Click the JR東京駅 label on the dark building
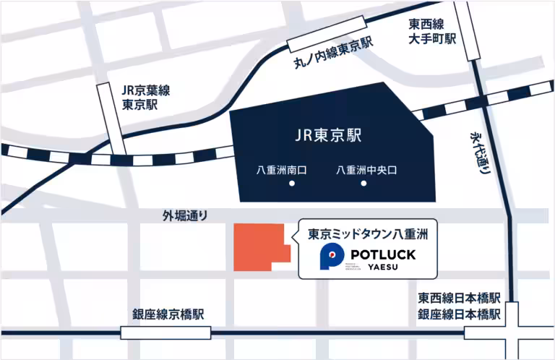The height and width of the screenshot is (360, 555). click(328, 135)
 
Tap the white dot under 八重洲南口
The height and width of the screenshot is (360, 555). click(292, 184)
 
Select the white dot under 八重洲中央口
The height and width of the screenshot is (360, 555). click(364, 184)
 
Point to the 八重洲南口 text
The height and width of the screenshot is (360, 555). click(283, 171)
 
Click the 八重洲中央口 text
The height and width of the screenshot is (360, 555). click(367, 171)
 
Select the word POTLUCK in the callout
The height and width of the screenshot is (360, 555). click(382, 254)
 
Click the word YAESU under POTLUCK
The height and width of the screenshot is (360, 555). click(382, 267)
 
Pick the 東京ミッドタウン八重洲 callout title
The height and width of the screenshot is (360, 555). click(369, 234)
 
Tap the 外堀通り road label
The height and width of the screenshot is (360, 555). click(185, 215)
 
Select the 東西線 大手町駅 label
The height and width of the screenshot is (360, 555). click(432, 31)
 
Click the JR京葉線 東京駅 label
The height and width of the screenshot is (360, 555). click(145, 97)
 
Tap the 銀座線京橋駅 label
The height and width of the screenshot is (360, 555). click(168, 315)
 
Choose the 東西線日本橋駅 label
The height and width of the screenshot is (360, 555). click(459, 299)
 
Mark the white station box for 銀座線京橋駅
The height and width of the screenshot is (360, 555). click(166, 333)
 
